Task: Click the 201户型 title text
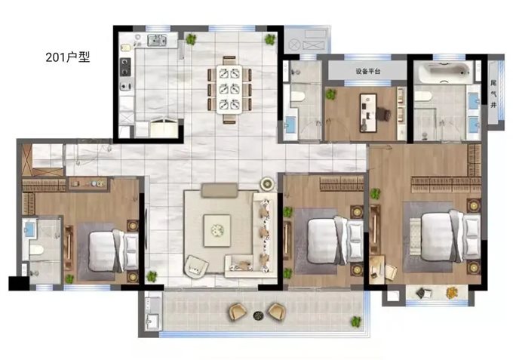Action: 67,57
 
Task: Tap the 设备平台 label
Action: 368,71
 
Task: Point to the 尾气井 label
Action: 493,94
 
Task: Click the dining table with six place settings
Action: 229,90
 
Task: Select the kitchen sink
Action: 157,40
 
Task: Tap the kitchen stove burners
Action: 125,67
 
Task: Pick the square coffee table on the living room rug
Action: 217,230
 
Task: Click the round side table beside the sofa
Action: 267,184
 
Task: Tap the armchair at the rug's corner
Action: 197,266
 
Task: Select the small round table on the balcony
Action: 259,315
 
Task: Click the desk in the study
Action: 368,113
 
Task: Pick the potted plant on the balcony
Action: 356,322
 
